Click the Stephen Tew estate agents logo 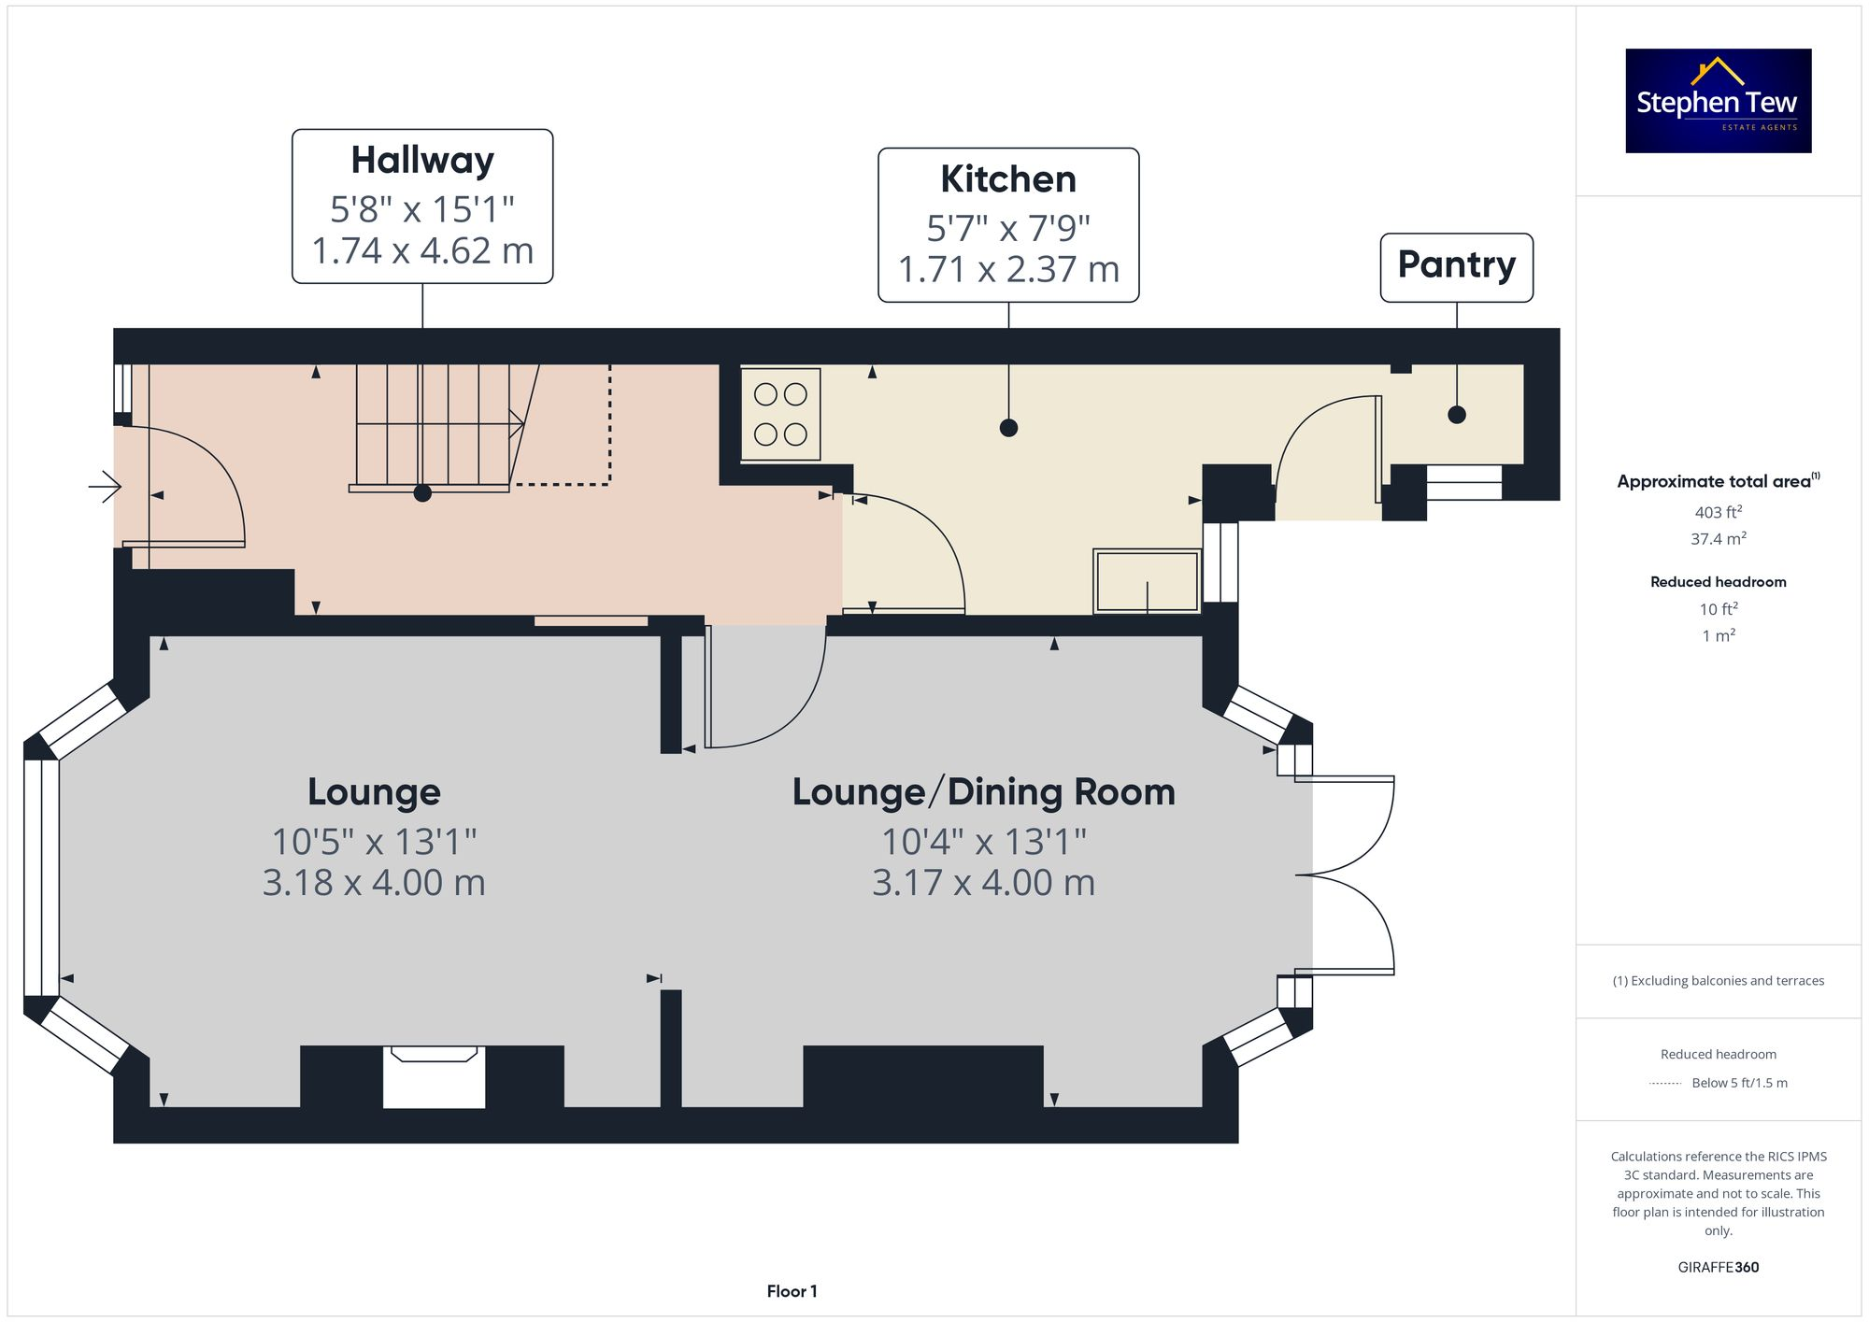coord(1718,101)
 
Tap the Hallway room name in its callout coord(422,160)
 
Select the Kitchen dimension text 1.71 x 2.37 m coord(1008,269)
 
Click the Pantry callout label coord(1456,264)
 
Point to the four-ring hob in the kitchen coord(780,414)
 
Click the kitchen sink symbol coord(1147,581)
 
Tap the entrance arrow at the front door coord(105,486)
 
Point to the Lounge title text coord(374,791)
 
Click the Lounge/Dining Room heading coord(983,791)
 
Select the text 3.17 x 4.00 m coord(983,882)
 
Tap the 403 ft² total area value coord(1718,512)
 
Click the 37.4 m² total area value coord(1718,539)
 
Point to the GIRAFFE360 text coord(1718,1267)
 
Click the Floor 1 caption coord(792,1291)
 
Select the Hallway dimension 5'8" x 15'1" coord(422,209)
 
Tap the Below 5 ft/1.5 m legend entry coord(1738,1083)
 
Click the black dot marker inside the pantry coord(1456,415)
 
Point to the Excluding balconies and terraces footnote coord(1718,980)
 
